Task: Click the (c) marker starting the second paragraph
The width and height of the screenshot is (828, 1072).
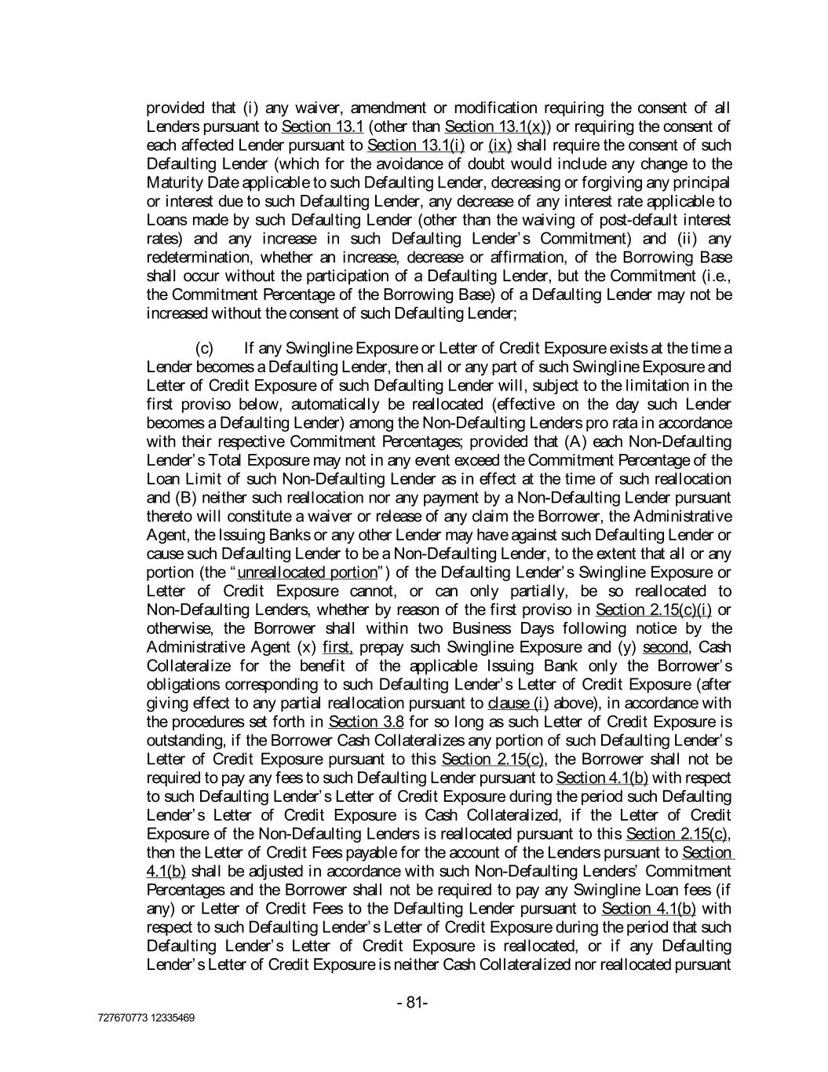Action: point(204,347)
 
